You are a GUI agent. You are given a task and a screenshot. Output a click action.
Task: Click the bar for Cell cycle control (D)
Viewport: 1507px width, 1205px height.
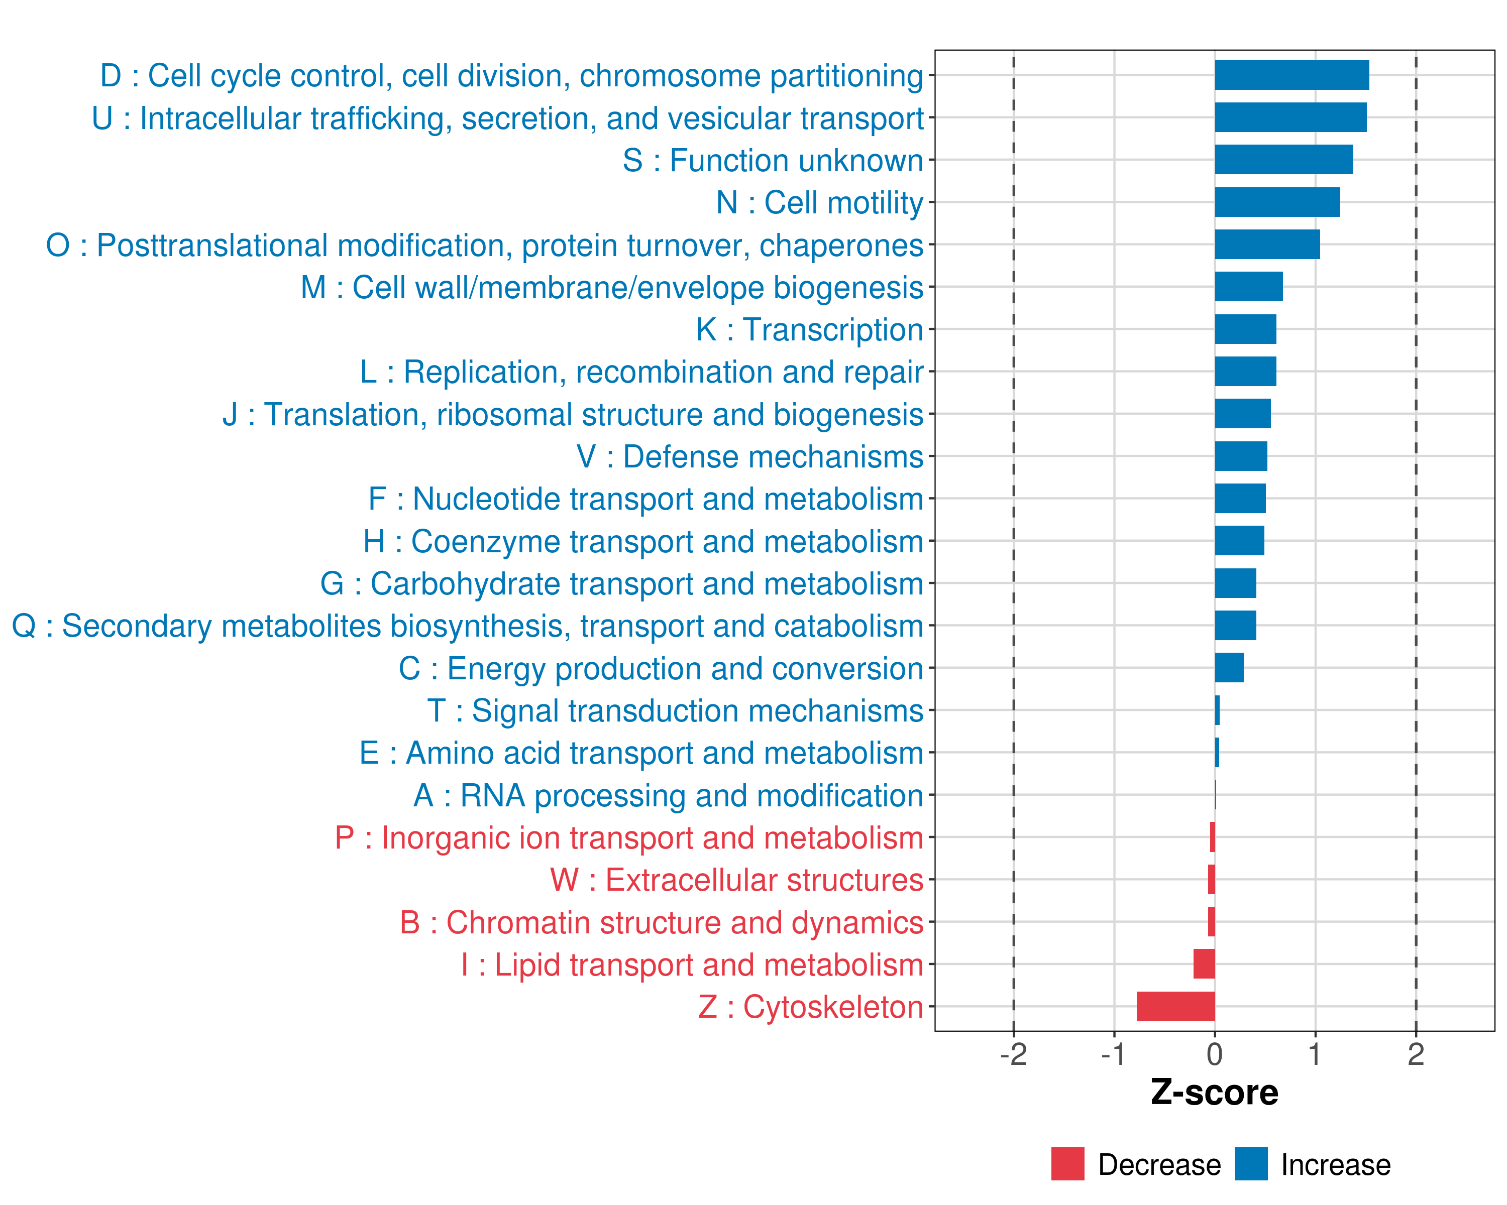(x=1291, y=75)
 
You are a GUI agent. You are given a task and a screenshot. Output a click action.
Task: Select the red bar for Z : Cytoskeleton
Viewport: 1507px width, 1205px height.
(x=1175, y=1007)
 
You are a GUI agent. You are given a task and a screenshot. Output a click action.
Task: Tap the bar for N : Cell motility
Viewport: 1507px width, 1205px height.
(x=1277, y=202)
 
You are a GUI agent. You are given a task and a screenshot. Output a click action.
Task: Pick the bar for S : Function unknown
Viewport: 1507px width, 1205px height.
(x=1283, y=160)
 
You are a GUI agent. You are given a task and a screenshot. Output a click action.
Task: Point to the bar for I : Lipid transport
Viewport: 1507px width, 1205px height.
(x=1204, y=964)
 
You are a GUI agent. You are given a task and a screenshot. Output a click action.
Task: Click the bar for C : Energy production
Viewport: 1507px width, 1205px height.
(x=1229, y=668)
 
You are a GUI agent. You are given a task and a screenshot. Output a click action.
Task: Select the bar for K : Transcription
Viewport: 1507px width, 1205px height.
(x=1245, y=329)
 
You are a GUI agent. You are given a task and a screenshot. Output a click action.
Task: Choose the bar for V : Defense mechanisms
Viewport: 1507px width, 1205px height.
(x=1241, y=456)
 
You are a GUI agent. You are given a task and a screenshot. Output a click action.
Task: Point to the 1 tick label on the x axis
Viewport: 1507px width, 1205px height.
(x=1315, y=1054)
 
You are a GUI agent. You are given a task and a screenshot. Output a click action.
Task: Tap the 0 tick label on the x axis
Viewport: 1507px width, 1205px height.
(x=1215, y=1054)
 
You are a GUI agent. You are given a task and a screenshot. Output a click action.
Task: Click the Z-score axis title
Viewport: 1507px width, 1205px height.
(x=1214, y=1093)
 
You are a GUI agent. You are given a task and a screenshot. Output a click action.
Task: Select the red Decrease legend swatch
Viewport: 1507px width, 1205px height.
(x=1067, y=1164)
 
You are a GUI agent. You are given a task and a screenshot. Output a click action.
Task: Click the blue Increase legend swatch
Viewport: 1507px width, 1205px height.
(x=1250, y=1164)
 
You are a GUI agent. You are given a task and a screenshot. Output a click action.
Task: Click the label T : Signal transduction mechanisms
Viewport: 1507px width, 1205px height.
(x=675, y=711)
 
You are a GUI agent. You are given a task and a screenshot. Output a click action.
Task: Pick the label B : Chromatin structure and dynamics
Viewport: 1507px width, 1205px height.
(x=661, y=923)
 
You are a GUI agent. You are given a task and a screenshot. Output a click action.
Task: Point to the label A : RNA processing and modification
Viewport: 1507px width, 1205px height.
(x=668, y=796)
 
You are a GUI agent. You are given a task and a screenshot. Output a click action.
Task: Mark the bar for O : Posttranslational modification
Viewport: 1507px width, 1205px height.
(x=1267, y=245)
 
